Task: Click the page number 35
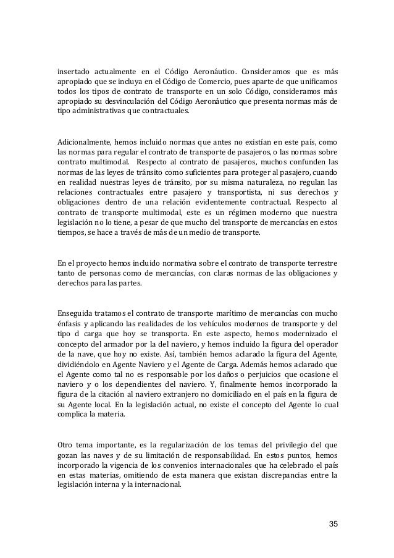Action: tap(333, 524)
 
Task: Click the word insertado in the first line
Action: tap(73, 69)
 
